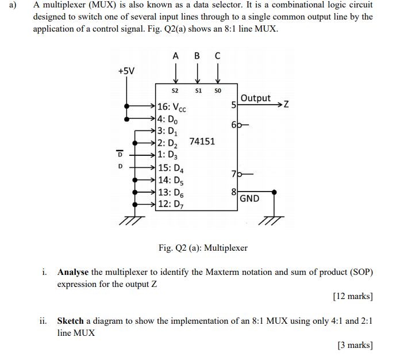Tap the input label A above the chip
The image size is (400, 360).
pyautogui.click(x=175, y=56)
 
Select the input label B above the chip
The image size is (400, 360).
pyautogui.click(x=197, y=56)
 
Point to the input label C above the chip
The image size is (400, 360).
pyautogui.click(x=217, y=56)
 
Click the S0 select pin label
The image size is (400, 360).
pyautogui.click(x=217, y=91)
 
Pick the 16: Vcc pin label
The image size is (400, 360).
pyautogui.click(x=171, y=107)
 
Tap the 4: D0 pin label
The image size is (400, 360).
pyautogui.click(x=168, y=119)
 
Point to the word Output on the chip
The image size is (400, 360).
pyautogui.click(x=256, y=98)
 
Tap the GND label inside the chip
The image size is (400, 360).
pyautogui.click(x=249, y=199)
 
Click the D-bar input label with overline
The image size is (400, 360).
pyautogui.click(x=120, y=154)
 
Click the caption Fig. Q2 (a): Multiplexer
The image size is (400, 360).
pyautogui.click(x=203, y=248)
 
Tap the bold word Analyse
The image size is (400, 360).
pyautogui.click(x=73, y=272)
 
